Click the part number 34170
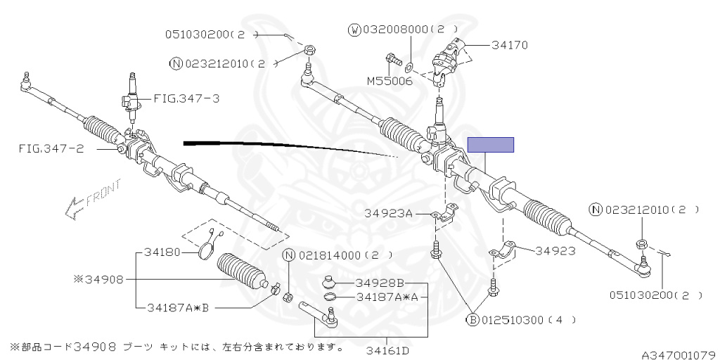point(510,46)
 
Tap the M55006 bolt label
point(389,81)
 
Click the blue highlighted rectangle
point(491,145)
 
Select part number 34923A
point(389,212)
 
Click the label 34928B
point(380,283)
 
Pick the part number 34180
point(162,252)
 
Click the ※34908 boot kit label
point(98,279)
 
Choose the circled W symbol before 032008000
point(354,30)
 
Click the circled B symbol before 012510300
point(473,320)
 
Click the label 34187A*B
point(179,307)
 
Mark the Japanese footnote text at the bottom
point(176,347)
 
